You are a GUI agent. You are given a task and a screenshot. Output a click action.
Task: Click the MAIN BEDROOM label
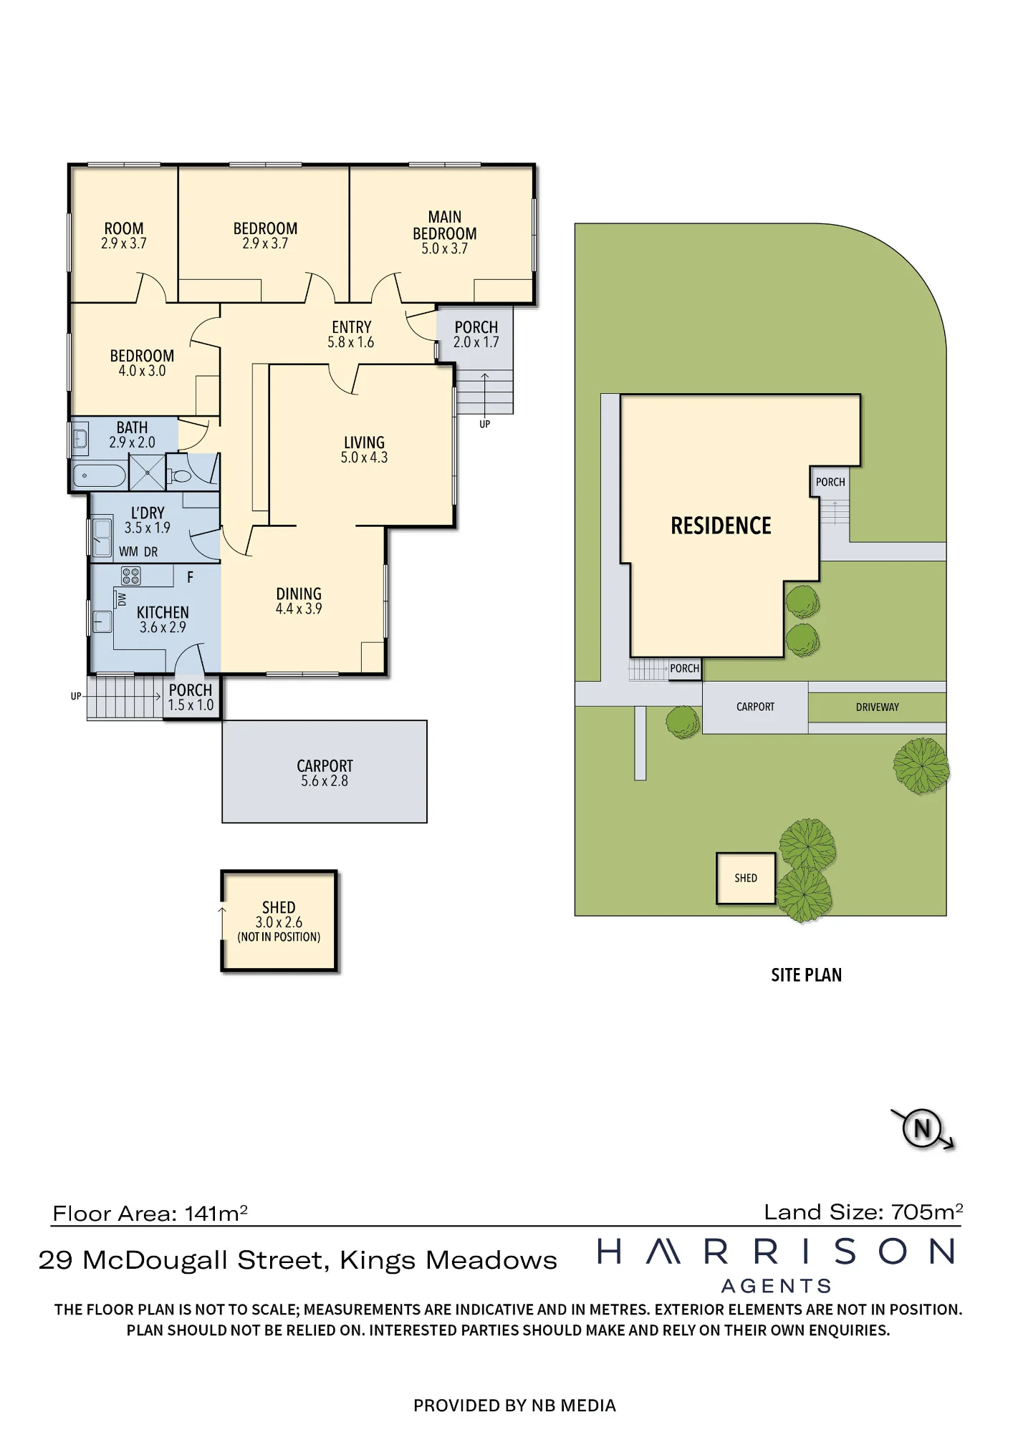(444, 225)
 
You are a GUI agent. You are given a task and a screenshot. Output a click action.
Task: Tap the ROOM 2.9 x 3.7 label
(124, 236)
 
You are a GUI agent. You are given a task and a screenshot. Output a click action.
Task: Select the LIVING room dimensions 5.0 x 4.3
(364, 458)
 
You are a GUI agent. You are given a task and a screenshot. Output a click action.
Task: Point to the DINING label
(299, 594)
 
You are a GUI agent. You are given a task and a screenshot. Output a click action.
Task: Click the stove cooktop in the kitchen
(131, 575)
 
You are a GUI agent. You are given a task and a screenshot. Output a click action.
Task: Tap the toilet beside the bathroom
(180, 474)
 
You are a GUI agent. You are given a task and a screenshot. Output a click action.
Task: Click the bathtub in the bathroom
(99, 475)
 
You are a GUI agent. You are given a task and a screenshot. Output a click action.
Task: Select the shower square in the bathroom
(147, 473)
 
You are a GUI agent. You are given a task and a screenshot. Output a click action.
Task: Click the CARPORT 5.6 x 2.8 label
(325, 773)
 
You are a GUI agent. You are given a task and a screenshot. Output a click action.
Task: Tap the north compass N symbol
(922, 1129)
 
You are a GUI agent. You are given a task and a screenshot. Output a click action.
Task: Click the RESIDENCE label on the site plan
(721, 526)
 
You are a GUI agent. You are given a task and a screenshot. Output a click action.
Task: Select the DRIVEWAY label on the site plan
(877, 707)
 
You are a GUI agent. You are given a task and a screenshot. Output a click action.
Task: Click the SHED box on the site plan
(746, 878)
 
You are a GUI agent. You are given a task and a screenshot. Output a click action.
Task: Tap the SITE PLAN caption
(806, 975)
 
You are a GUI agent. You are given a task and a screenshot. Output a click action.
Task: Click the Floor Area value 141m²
(216, 1214)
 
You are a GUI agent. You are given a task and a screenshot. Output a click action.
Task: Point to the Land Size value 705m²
(927, 1212)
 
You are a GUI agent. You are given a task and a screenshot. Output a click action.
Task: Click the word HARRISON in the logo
(777, 1252)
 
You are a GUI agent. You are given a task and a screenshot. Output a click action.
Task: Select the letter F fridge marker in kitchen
(190, 577)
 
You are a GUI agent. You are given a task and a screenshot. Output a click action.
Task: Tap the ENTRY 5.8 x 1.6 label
(351, 334)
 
